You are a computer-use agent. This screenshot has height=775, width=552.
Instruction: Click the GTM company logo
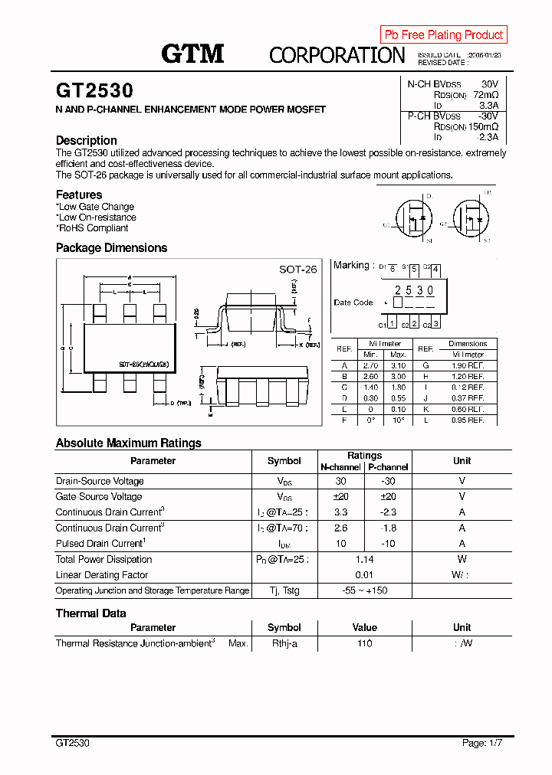192,54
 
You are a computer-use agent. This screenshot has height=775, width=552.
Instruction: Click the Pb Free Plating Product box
443,34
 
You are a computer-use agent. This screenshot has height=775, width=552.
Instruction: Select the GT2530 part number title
94,90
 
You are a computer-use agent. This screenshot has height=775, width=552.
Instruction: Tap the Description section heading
87,140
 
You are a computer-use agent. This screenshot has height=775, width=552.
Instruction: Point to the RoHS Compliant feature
93,228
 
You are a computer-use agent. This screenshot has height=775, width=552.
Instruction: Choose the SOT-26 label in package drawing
297,270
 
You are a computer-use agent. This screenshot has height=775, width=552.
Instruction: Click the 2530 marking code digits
414,290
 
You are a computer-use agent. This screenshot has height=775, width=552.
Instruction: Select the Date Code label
353,302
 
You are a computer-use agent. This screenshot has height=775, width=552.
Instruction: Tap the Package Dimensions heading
111,248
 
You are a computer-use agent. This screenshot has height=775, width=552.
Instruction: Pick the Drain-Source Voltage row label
100,481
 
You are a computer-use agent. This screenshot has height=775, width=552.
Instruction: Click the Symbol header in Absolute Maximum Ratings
284,461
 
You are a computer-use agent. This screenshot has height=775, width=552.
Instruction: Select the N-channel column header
340,467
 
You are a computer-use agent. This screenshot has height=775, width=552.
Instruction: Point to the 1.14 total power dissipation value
364,559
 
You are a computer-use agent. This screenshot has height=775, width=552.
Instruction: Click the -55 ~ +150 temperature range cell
364,590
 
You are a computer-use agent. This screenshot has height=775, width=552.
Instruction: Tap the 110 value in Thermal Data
364,643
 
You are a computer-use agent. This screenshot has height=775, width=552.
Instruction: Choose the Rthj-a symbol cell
284,643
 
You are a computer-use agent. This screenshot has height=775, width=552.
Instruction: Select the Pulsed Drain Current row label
100,543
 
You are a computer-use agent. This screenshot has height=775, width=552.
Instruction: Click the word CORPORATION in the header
337,55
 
